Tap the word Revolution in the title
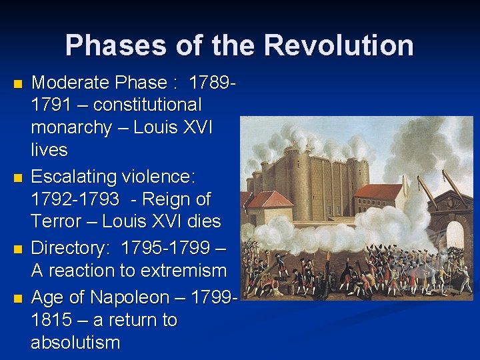click(339, 45)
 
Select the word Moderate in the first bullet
click(70, 83)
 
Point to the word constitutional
click(147, 105)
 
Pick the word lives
click(49, 150)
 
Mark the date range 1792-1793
click(75, 199)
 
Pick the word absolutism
click(75, 343)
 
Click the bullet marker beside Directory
click(18, 249)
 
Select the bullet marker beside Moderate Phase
click(18, 84)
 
